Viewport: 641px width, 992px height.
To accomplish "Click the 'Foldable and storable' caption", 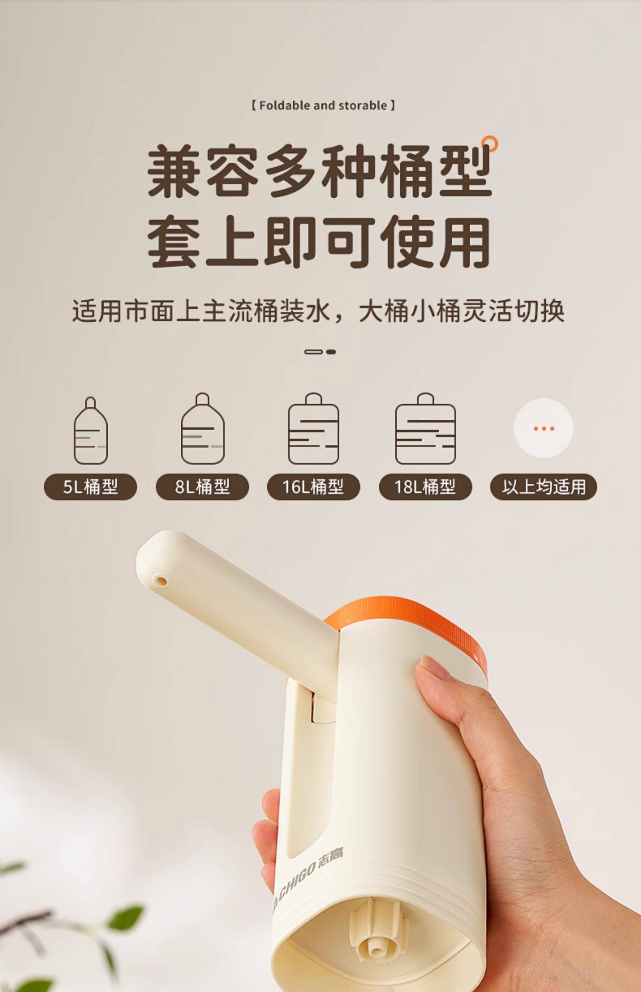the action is tap(323, 105).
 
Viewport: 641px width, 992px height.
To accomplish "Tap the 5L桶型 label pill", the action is tap(90, 487).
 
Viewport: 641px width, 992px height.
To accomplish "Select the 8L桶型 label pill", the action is tap(202, 487).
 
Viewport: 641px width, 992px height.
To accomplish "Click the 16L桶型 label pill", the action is tap(313, 487).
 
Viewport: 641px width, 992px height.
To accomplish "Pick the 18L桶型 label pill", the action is tap(425, 487).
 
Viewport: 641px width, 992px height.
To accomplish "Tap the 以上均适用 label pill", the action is tap(543, 487).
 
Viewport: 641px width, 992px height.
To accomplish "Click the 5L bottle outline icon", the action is tap(91, 431).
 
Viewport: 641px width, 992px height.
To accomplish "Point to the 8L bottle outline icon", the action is tap(203, 428).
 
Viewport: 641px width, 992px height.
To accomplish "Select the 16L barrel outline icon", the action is tap(314, 428).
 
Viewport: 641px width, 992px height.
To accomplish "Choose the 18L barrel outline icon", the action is tap(425, 428).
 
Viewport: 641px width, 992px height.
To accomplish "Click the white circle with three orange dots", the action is tap(544, 428).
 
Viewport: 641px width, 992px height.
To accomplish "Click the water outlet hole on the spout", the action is tap(162, 581).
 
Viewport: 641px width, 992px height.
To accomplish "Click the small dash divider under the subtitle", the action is tap(320, 352).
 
